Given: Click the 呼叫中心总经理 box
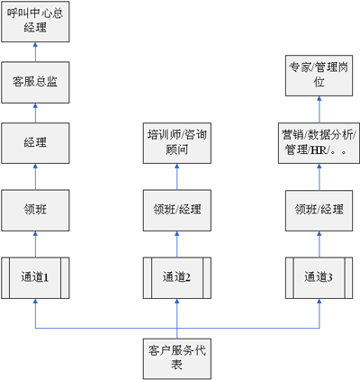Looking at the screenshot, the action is click(x=35, y=22).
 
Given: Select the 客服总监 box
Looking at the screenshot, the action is click(x=35, y=83).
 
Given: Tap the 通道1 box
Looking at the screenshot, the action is click(x=35, y=277).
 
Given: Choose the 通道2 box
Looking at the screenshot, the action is click(x=177, y=277).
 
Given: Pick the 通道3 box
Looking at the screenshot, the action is click(x=319, y=277).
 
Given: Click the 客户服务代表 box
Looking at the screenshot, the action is click(x=177, y=359).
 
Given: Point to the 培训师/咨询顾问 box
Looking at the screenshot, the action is click(x=177, y=143).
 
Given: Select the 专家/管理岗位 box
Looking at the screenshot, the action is click(x=319, y=76).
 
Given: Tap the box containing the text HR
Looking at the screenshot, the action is click(x=319, y=143).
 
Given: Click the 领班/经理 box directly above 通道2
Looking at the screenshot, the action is click(x=177, y=211).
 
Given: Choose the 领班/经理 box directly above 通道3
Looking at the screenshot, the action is click(x=319, y=211).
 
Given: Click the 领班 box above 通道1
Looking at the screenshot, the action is click(x=35, y=211).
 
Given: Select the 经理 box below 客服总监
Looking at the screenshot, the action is click(x=35, y=143).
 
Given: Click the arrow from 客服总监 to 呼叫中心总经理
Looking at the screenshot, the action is click(x=35, y=52).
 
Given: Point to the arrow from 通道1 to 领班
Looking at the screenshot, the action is click(x=35, y=244).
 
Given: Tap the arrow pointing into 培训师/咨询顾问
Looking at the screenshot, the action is click(x=177, y=176).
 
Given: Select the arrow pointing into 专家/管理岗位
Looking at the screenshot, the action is click(x=319, y=110).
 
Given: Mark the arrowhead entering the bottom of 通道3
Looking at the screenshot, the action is click(x=319, y=301).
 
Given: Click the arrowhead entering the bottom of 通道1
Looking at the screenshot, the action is click(x=35, y=301).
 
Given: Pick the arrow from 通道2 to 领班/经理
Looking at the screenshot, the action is click(x=177, y=244).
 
